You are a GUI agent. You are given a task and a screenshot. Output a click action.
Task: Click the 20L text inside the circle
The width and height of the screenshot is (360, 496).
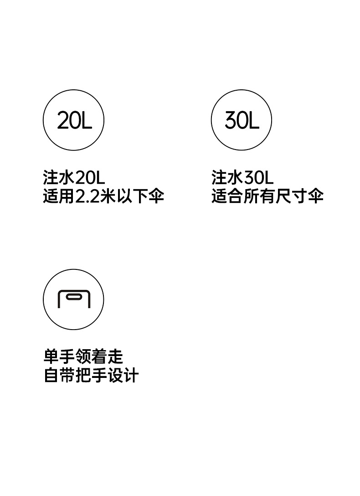(x=74, y=121)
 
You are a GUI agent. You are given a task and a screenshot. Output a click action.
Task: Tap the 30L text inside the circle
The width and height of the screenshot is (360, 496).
(x=242, y=120)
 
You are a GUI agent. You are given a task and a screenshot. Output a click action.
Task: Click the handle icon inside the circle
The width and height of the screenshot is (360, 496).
(x=74, y=299)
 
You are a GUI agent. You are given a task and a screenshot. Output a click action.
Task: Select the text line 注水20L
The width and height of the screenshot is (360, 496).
(x=74, y=177)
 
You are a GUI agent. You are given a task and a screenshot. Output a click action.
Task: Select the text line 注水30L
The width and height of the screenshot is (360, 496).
(x=242, y=177)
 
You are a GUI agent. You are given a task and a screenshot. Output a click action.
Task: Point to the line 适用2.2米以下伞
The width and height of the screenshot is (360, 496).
(x=103, y=196)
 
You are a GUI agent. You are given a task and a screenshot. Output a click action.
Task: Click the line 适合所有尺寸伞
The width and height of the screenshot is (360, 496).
(x=267, y=196)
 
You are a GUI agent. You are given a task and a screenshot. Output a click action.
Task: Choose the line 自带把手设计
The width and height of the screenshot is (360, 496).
(x=91, y=376)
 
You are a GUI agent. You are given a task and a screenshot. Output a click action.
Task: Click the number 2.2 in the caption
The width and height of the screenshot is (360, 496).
(x=86, y=196)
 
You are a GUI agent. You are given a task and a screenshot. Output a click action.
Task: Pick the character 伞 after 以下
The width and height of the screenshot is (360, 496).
(x=156, y=196)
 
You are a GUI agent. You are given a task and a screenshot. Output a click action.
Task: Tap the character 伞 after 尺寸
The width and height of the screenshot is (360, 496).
(x=315, y=196)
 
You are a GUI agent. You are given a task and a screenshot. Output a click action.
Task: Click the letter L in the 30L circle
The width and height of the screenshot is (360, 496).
(x=254, y=120)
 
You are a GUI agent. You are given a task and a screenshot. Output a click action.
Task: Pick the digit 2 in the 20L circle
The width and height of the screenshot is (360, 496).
(x=63, y=121)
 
